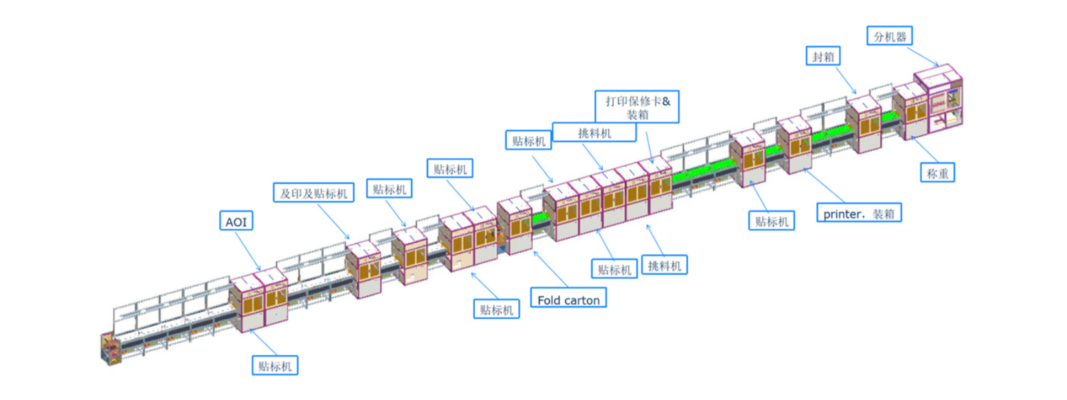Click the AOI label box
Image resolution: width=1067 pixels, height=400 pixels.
pos(236,221)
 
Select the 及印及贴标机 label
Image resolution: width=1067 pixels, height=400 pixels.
pos(313,193)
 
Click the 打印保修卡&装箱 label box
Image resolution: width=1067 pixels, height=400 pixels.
pos(638,107)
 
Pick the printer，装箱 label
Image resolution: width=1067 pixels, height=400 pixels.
pos(859,213)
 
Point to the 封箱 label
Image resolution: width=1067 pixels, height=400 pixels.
pos(823,56)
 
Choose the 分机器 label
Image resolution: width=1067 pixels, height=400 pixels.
pos(890,36)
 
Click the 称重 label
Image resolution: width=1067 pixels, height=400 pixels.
pos(938,173)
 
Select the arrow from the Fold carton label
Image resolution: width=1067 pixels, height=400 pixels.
pos(550,269)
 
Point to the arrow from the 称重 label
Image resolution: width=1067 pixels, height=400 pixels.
pos(924,149)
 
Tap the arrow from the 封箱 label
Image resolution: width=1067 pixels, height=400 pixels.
pos(846,80)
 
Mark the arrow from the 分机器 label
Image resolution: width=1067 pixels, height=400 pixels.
pos(923,56)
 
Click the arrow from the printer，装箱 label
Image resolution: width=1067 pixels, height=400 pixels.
pos(824,186)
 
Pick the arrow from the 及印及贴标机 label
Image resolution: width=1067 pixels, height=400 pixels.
pos(333,221)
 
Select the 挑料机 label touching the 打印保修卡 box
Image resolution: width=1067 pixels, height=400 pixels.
pos(594,133)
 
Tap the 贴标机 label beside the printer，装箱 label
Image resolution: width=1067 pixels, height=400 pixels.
pos(772,221)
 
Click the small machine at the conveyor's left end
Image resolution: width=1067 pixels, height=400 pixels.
pos(111,349)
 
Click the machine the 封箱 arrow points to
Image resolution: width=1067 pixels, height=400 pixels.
pos(863,124)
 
